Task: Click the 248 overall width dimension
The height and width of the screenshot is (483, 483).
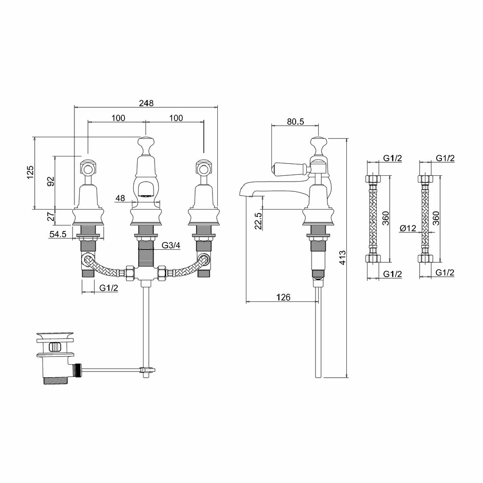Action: coord(146,103)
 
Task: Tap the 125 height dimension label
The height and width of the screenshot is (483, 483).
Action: coord(30,172)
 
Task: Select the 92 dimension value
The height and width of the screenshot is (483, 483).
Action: coord(51,181)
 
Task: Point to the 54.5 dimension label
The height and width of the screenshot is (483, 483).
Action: coord(57,234)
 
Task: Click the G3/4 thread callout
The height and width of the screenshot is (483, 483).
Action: coord(170,245)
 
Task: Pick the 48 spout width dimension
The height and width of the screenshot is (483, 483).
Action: coord(120,198)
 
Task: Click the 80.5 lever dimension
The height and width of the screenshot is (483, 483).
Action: coord(296,121)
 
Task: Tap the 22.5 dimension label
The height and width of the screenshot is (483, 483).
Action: coord(258,221)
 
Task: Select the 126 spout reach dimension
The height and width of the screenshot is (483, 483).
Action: coord(284,297)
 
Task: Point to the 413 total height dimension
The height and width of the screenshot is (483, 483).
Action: coord(342,257)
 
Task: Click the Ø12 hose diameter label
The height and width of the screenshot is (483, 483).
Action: coord(408,228)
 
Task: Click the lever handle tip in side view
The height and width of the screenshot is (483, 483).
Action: coord(273,169)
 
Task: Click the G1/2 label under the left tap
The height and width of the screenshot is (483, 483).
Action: coord(108,288)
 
